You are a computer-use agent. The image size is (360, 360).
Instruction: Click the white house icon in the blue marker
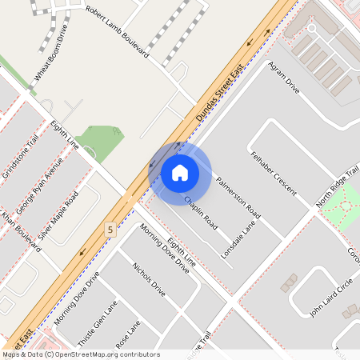(180, 172)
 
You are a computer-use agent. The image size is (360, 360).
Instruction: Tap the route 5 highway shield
(110, 230)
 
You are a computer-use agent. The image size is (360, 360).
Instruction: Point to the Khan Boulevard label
(21, 231)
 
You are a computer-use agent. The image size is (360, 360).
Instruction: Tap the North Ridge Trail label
(338, 189)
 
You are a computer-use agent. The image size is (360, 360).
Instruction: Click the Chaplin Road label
(201, 209)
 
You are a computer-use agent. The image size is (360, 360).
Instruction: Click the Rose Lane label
(127, 334)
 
